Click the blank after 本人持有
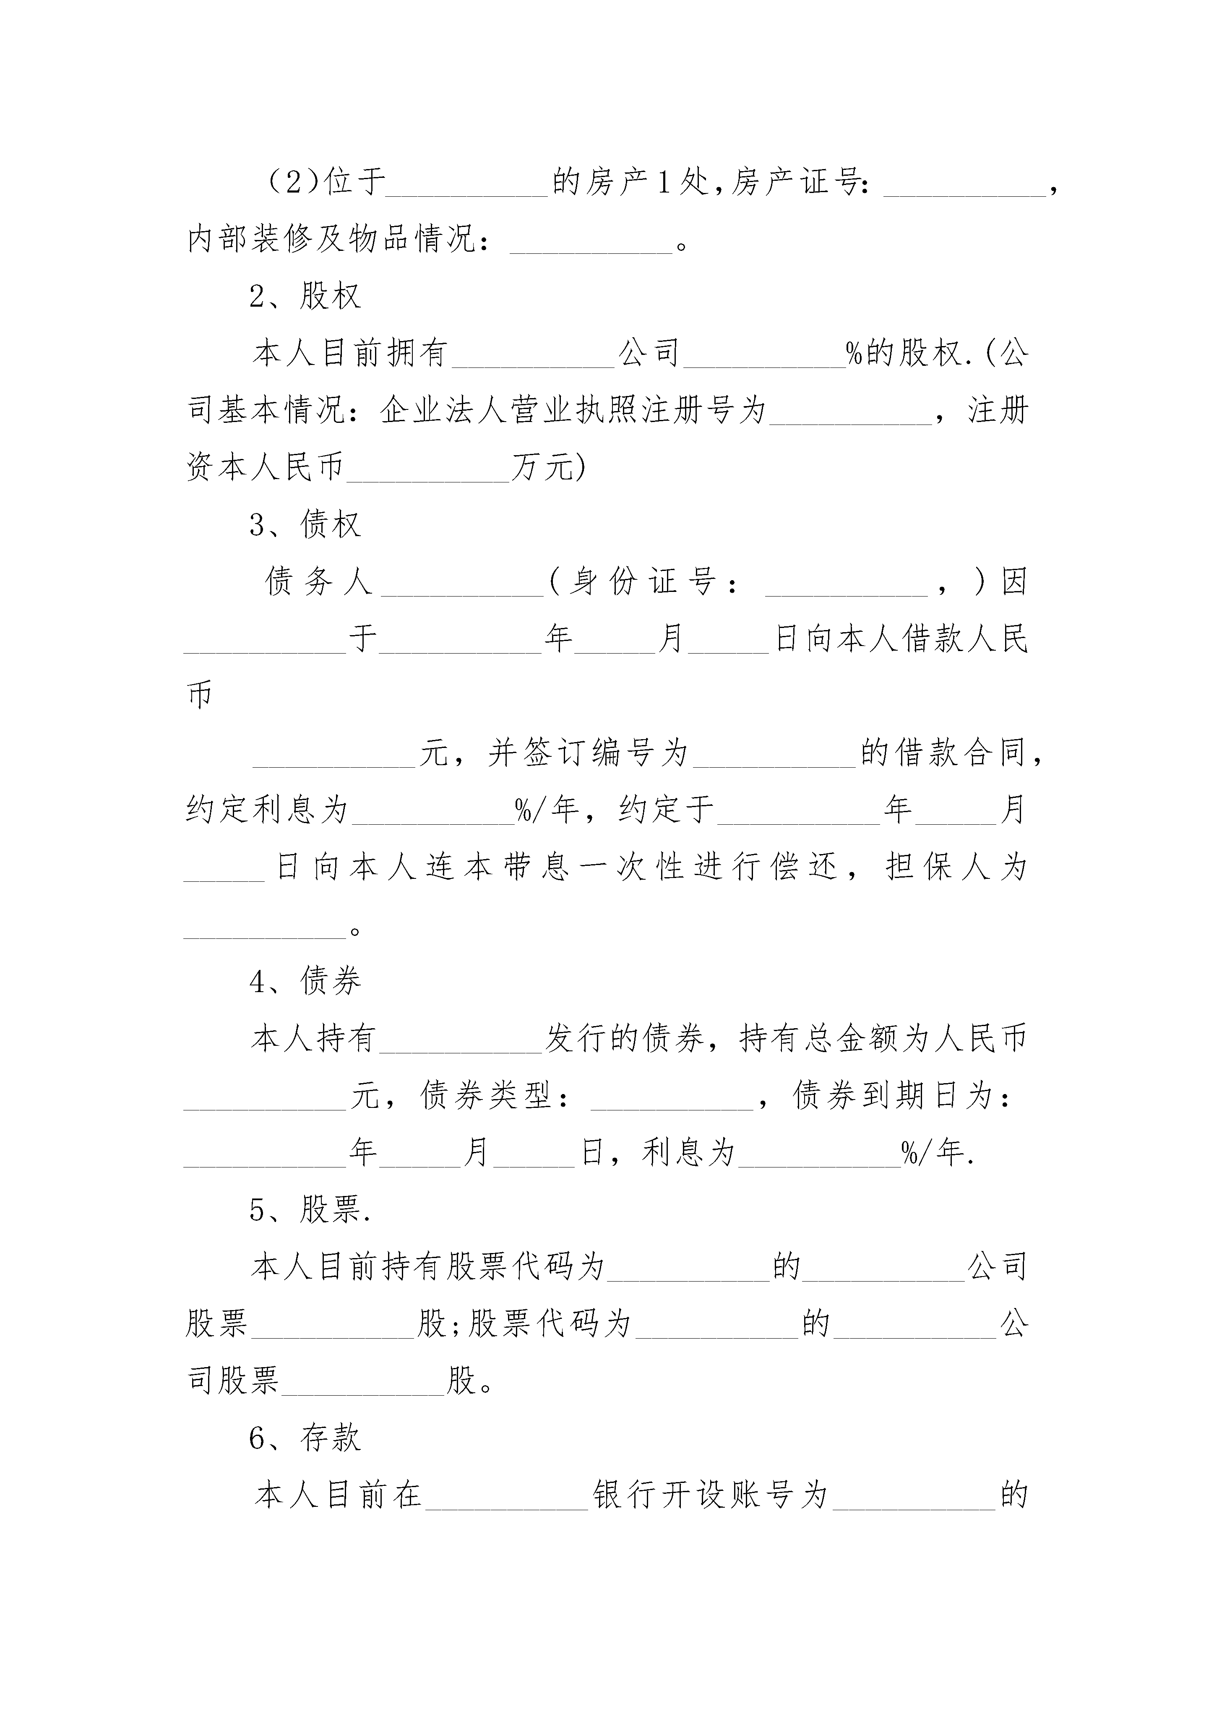461,1051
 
